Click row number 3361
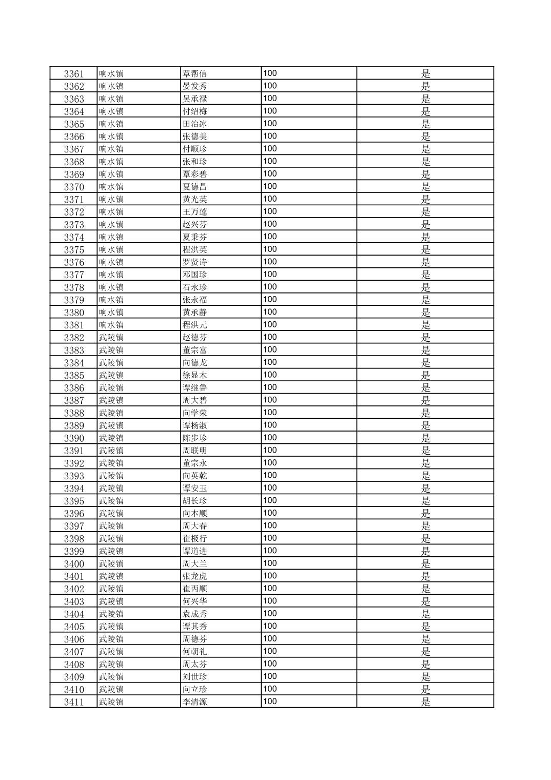click(74, 74)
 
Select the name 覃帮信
click(194, 73)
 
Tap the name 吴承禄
click(194, 99)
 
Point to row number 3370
click(74, 187)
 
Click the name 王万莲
click(194, 212)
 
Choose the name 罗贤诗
click(194, 262)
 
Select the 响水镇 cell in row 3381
click(111, 325)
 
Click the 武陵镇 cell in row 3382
click(111, 338)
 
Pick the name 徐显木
click(194, 375)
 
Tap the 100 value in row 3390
click(270, 438)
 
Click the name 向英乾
click(194, 476)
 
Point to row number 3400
click(74, 564)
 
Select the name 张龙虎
click(194, 576)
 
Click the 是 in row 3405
click(425, 627)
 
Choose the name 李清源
click(194, 702)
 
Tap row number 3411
click(74, 702)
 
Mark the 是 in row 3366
click(425, 136)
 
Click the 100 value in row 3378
click(270, 287)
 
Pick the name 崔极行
click(194, 539)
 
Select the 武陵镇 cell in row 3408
click(111, 664)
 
